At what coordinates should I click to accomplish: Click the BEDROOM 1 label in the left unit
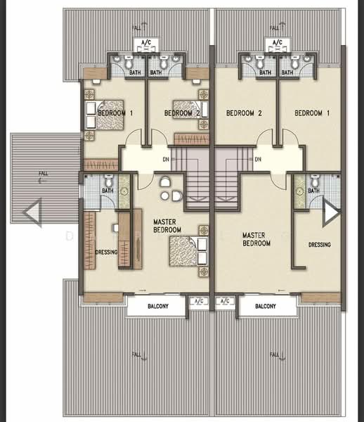click(x=115, y=113)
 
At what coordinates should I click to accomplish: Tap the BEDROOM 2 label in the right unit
click(x=244, y=113)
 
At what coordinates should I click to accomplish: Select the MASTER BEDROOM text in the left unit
click(x=167, y=226)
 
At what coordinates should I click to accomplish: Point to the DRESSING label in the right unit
click(x=319, y=245)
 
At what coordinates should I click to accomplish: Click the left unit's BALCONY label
click(x=158, y=306)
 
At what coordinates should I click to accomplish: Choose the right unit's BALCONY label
click(x=266, y=306)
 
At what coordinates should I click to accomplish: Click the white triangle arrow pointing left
click(x=32, y=212)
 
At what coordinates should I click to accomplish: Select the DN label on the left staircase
click(x=166, y=160)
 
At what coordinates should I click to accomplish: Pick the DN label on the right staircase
click(x=258, y=160)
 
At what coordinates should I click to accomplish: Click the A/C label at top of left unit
click(x=146, y=42)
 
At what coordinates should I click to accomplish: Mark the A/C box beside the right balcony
click(x=226, y=301)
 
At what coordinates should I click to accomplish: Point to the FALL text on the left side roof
click(x=44, y=173)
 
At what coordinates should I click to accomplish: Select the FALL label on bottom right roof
click(x=275, y=354)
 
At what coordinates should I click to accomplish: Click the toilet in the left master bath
click(x=108, y=181)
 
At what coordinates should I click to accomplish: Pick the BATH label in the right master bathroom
click(x=313, y=191)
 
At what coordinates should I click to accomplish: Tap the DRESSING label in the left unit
click(x=107, y=252)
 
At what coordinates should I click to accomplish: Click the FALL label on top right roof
click(x=275, y=28)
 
